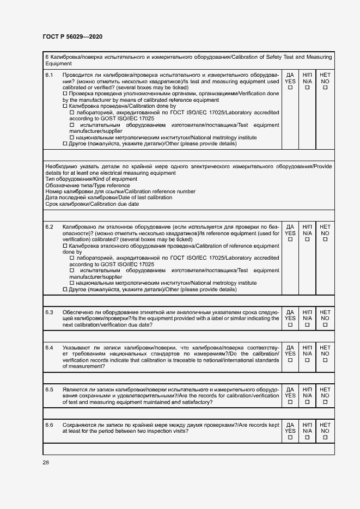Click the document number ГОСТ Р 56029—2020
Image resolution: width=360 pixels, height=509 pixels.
pos(72,36)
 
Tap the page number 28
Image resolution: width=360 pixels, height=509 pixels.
pos(46,462)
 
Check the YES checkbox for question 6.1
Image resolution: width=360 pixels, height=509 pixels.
pos(290,88)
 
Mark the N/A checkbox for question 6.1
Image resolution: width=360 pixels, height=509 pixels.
pos(307,88)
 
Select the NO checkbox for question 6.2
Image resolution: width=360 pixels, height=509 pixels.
pos(325,239)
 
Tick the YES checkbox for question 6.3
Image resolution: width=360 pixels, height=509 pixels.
pos(290,325)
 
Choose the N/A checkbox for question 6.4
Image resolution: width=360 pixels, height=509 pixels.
pos(307,360)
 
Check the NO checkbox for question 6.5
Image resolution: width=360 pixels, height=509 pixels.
pos(325,402)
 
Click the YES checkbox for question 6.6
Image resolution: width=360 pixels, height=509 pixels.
pos(290,438)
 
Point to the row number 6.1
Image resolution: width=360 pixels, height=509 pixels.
pos(49,75)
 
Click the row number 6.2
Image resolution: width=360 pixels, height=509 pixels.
pos(49,226)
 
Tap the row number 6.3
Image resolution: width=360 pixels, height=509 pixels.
pos(49,312)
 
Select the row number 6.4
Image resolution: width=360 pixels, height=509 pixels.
pos(49,347)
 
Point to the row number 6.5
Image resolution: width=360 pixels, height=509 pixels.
pos(49,389)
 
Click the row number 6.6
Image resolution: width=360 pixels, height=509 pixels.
pos(49,425)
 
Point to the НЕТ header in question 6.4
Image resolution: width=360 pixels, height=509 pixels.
pos(325,347)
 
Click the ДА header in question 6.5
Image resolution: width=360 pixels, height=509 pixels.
pos(290,389)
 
